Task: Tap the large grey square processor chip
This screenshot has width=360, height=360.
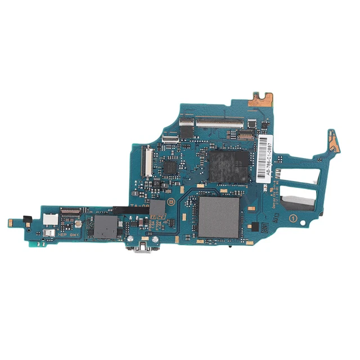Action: [219, 216]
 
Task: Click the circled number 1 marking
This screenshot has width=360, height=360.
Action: [292, 217]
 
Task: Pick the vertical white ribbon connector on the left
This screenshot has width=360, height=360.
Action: [147, 160]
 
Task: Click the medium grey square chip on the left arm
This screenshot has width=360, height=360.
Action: [103, 226]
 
